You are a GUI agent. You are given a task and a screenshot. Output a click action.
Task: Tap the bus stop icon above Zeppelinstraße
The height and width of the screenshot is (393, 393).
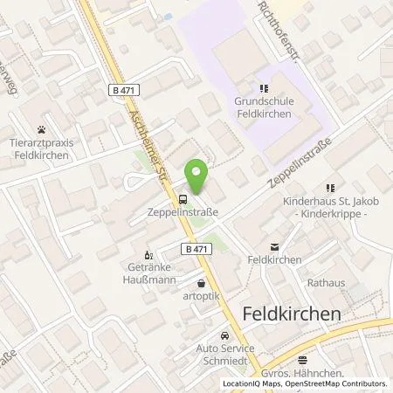pos(182,198)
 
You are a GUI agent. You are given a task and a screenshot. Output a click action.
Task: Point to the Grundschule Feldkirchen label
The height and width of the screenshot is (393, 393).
pos(267,106)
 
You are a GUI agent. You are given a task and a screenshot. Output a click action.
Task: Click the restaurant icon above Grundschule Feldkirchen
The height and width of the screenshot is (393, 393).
pos(263,87)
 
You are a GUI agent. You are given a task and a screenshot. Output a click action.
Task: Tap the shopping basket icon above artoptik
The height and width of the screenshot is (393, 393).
pos(203,284)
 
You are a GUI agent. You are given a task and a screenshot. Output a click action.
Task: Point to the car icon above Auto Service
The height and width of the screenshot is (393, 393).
pos(225,336)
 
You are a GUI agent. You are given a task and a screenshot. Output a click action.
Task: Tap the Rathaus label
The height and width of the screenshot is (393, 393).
pos(326,283)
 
